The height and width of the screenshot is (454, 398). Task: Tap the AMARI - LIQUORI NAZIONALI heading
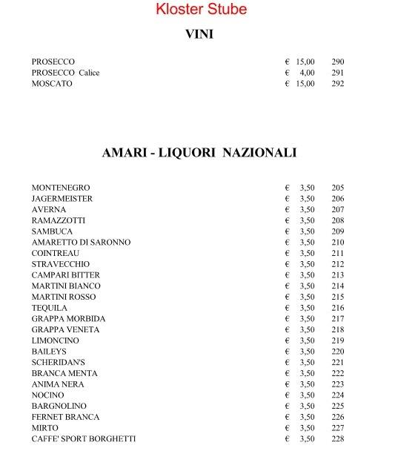point(199,153)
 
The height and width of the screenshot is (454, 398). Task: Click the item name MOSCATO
point(52,84)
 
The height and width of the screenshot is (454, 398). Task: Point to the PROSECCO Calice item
point(65,73)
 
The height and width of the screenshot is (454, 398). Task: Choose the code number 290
point(338,62)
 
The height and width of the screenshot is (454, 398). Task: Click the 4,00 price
point(307,73)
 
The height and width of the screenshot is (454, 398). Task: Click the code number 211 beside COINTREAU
point(338,254)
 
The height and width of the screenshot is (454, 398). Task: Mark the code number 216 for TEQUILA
point(338,308)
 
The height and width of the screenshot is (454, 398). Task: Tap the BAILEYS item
point(49,352)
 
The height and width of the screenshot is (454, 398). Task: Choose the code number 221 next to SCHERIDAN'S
point(338,363)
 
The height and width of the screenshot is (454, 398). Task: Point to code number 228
point(338,439)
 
